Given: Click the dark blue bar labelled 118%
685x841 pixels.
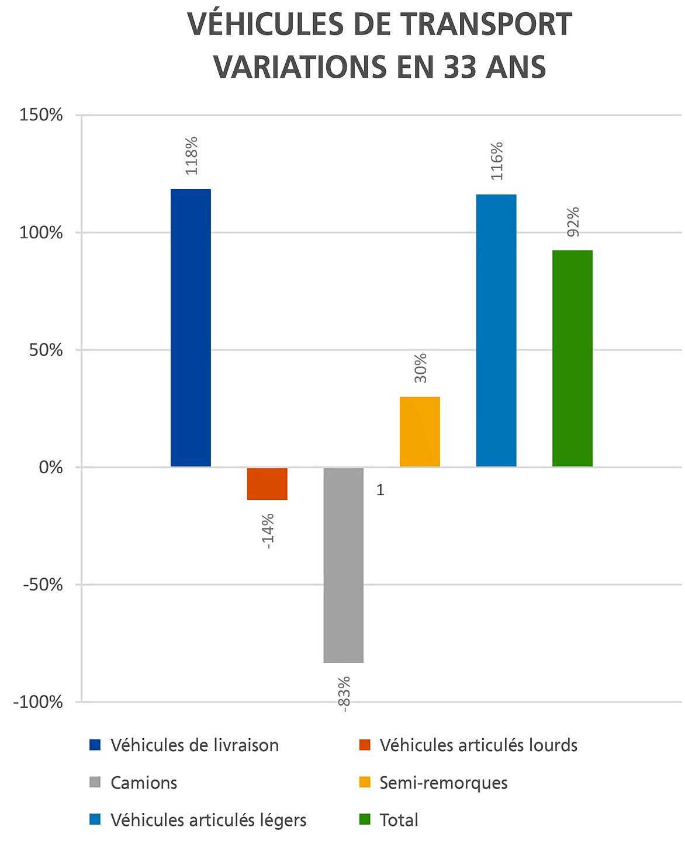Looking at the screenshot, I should (191, 328).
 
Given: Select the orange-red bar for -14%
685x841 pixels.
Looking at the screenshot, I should (267, 484).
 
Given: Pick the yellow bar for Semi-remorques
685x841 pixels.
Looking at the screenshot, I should (420, 432).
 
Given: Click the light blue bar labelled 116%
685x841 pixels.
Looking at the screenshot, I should (496, 330).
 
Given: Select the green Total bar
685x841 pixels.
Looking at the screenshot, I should (572, 358).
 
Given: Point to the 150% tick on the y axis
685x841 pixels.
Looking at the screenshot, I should (41, 115).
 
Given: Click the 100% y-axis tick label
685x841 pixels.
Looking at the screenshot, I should (41, 232).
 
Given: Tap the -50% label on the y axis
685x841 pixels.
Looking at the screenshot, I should (42, 585).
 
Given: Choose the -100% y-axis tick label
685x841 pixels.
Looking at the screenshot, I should (37, 702).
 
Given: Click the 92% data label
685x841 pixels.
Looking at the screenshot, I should (573, 222).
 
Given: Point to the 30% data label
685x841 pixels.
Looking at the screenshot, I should (420, 369).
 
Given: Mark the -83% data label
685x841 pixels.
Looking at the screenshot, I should (344, 694).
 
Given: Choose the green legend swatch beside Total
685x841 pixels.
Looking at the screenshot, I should (365, 820).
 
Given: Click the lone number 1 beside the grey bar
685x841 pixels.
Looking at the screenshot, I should (380, 491).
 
